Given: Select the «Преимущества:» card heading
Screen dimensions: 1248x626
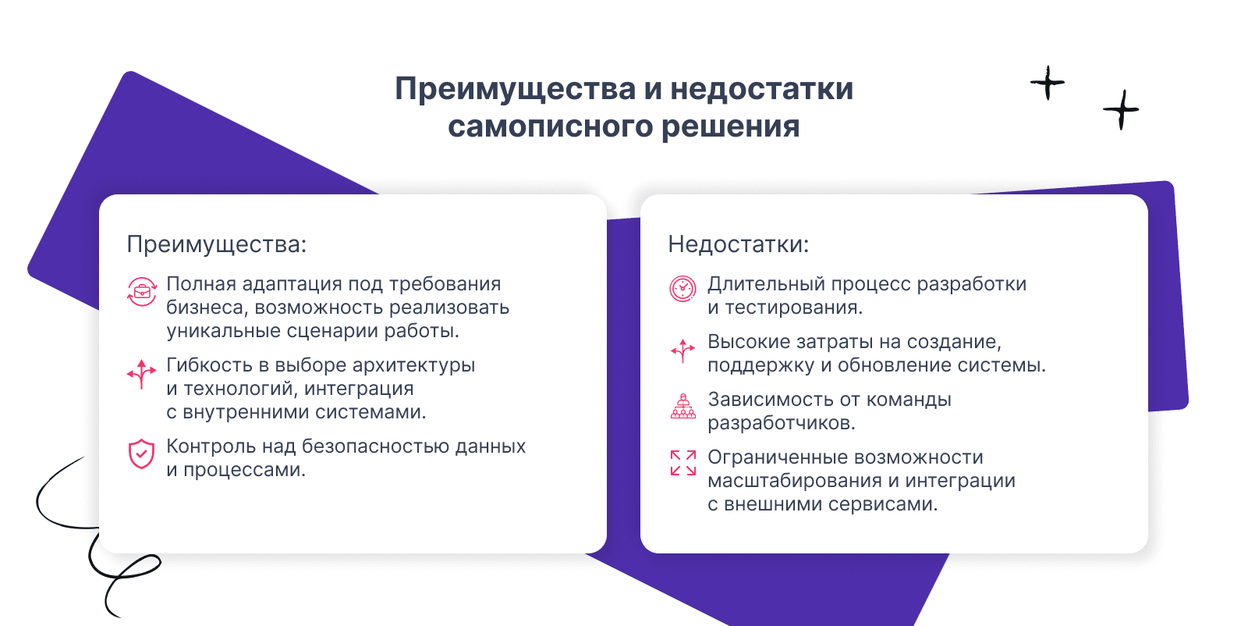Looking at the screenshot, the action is (x=217, y=244).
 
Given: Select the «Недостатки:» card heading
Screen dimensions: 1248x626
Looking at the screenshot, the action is (x=738, y=244).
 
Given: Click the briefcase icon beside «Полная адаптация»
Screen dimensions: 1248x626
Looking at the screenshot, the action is (x=141, y=292).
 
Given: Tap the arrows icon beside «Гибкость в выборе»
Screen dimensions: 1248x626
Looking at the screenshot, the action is (x=141, y=373).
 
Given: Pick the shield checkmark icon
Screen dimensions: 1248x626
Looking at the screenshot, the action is (x=141, y=453).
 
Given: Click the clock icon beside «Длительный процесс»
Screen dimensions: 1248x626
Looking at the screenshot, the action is (x=682, y=289).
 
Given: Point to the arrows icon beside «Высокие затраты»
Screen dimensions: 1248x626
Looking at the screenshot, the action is (x=682, y=350).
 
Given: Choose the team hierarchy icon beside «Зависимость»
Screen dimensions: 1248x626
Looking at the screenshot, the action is (x=683, y=406).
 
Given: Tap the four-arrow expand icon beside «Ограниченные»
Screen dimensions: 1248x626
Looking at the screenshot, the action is (x=683, y=463).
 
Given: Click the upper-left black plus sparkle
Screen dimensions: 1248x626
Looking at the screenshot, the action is (x=1048, y=83).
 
